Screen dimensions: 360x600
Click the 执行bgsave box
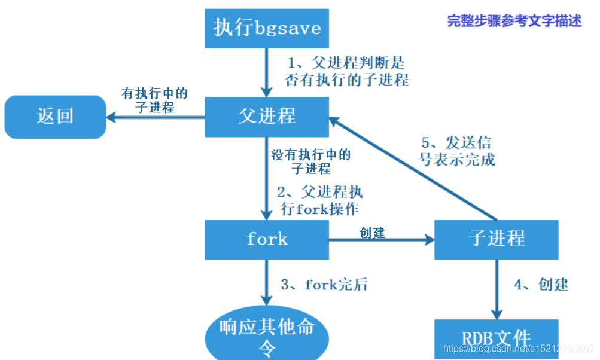267,28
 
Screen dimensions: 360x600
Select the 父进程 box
267,115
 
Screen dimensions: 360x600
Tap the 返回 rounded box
55,115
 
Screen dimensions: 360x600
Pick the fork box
267,239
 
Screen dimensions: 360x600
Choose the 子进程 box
497,239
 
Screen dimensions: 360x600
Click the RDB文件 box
497,338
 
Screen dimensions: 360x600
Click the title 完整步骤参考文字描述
514,20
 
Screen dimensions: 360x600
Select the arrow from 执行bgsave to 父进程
267,72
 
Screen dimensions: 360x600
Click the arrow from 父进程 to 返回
156,117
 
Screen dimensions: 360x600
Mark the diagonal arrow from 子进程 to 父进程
413,167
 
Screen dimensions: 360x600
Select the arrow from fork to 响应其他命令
267,284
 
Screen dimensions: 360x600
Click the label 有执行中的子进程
155,100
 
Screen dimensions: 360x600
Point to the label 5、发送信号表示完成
458,151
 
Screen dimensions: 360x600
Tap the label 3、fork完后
324,285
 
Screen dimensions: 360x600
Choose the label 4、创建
541,284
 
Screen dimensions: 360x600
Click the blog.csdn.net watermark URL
518,349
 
